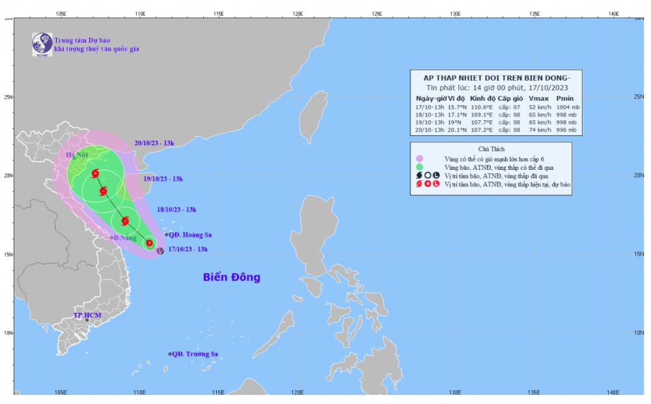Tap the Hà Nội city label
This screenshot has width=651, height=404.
tap(77, 155)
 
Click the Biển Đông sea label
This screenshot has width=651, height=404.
tap(231, 277)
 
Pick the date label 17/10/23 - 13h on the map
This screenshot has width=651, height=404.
tap(187, 249)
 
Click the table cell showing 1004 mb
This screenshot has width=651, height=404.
tap(566, 107)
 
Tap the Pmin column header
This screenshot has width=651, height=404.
tap(565, 98)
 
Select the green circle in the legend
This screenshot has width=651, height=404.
tap(420, 167)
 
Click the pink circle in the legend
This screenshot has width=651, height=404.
tap(420, 158)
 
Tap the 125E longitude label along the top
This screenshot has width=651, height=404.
tap(376, 13)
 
